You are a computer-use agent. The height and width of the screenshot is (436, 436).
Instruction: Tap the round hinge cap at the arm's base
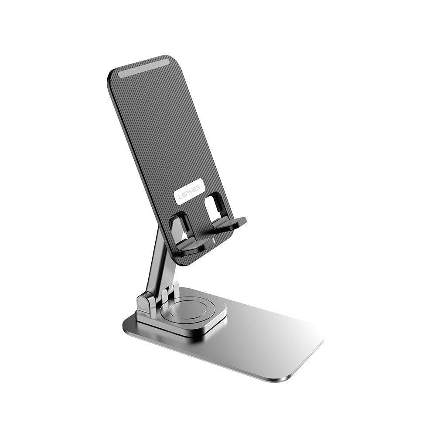(143, 303)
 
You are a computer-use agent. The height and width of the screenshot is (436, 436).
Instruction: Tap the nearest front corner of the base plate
(279, 378)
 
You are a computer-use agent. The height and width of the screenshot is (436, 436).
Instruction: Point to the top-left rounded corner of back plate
(112, 74)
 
